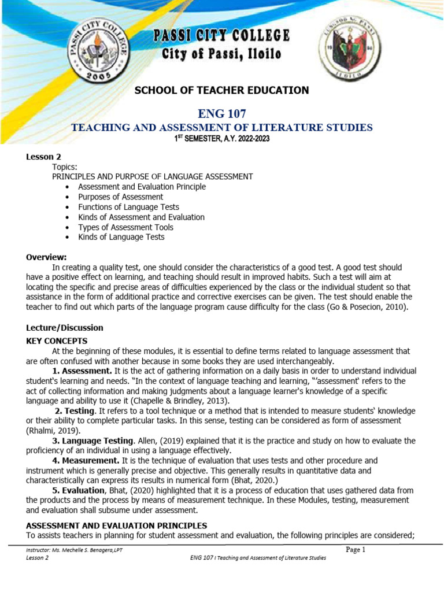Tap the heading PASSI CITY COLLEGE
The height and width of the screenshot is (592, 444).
221,36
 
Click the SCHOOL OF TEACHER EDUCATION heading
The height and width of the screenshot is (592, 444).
221,90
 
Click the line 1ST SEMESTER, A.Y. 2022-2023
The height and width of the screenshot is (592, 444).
221,139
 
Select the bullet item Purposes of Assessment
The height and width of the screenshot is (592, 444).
120,197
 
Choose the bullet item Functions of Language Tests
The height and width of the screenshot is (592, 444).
128,207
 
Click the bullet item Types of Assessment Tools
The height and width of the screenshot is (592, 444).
125,227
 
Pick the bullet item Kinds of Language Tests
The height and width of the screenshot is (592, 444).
121,237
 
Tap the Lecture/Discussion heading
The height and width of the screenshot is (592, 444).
65,328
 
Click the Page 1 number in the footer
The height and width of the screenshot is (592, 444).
356,550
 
